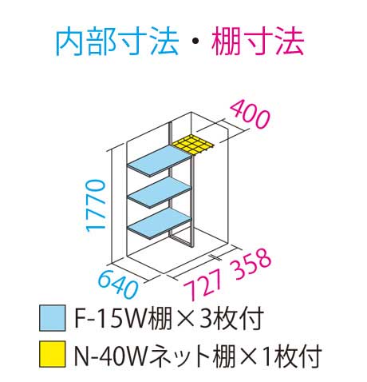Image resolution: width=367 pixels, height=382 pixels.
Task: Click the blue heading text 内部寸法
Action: click(x=117, y=42)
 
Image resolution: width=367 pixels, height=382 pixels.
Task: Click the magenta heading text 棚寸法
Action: click(x=258, y=42)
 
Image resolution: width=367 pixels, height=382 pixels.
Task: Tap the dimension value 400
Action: click(x=250, y=114)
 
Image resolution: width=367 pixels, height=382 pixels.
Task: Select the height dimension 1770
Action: click(x=95, y=205)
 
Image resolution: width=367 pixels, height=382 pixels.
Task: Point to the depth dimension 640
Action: click(x=118, y=285)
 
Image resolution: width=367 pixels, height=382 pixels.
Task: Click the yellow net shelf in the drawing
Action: click(x=193, y=145)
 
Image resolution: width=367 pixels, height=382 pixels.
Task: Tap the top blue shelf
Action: click(x=160, y=161)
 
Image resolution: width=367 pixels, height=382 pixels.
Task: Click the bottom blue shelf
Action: click(x=160, y=223)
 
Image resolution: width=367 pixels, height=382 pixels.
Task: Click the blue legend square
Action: click(x=53, y=318)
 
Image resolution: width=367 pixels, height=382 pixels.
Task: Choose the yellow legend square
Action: click(x=53, y=354)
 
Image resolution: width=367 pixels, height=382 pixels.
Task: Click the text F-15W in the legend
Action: click(x=110, y=318)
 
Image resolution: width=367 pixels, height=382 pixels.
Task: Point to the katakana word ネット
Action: click(x=180, y=355)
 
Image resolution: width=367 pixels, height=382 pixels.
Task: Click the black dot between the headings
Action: click(x=195, y=42)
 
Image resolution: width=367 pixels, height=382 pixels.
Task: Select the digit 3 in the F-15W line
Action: click(x=206, y=318)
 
